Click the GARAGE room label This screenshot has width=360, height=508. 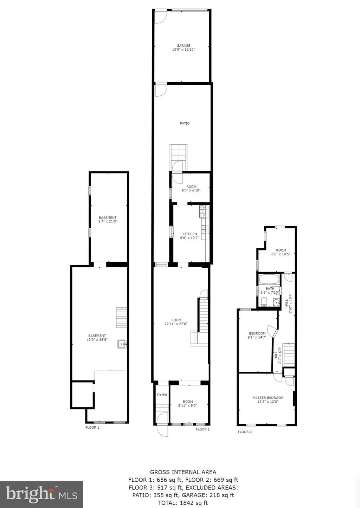(184, 46)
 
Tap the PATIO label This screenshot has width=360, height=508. (185, 123)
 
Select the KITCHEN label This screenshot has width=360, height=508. (189, 234)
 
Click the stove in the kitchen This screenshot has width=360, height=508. (204, 211)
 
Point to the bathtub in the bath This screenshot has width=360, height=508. (269, 279)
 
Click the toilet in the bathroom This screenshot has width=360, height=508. (264, 302)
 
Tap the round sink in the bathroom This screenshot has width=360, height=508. (276, 302)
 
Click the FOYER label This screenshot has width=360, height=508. (162, 395)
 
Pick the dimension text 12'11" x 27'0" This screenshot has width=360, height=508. (176, 324)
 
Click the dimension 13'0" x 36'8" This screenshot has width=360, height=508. (97, 339)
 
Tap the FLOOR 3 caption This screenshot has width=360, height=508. (245, 432)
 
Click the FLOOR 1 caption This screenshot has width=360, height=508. (92, 428)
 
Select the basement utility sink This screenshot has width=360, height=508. (122, 344)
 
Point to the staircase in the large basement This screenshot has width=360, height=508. (121, 318)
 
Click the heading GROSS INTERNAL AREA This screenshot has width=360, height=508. (183, 472)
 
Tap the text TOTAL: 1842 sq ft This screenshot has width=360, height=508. (183, 503)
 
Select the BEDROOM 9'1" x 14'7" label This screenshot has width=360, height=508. (257, 335)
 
